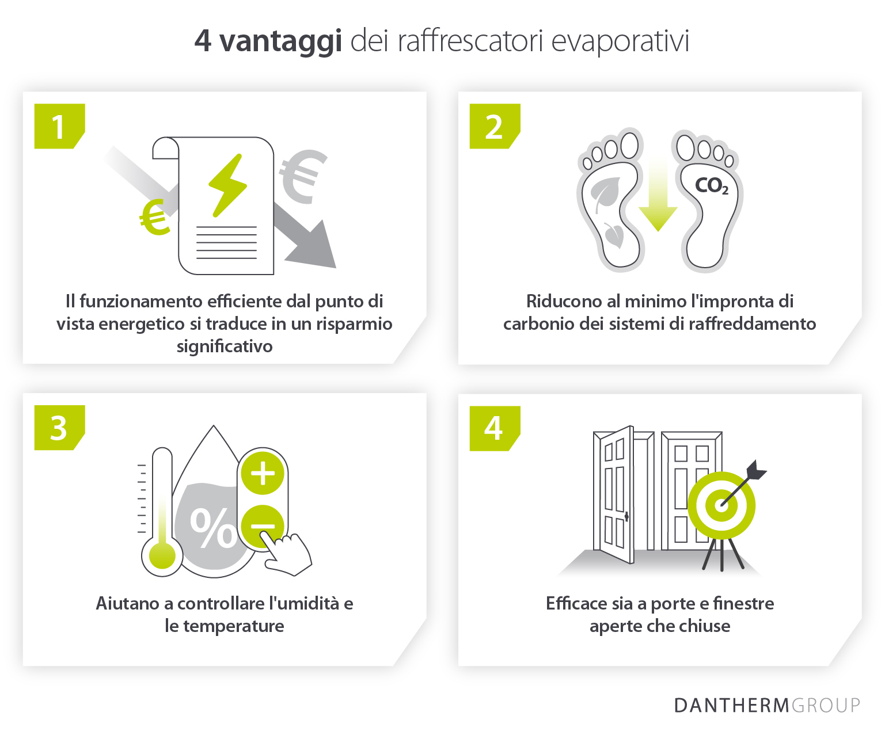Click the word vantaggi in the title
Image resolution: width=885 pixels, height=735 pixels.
tap(281, 41)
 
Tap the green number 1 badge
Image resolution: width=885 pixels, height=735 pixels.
tap(59, 126)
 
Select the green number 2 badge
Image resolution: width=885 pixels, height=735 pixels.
tap(494, 126)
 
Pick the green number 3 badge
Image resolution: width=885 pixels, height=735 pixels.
tap(59, 428)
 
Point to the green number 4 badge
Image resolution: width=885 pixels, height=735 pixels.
tap(494, 428)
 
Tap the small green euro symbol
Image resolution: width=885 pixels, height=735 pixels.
tap(155, 218)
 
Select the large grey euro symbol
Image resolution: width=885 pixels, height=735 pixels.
tap(302, 176)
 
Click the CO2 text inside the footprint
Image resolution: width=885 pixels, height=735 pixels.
tap(712, 185)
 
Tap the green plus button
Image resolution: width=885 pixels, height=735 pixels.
tap(263, 473)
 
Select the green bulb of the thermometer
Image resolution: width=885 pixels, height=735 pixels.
tap(162, 556)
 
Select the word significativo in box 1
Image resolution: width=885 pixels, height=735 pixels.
tap(225, 346)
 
